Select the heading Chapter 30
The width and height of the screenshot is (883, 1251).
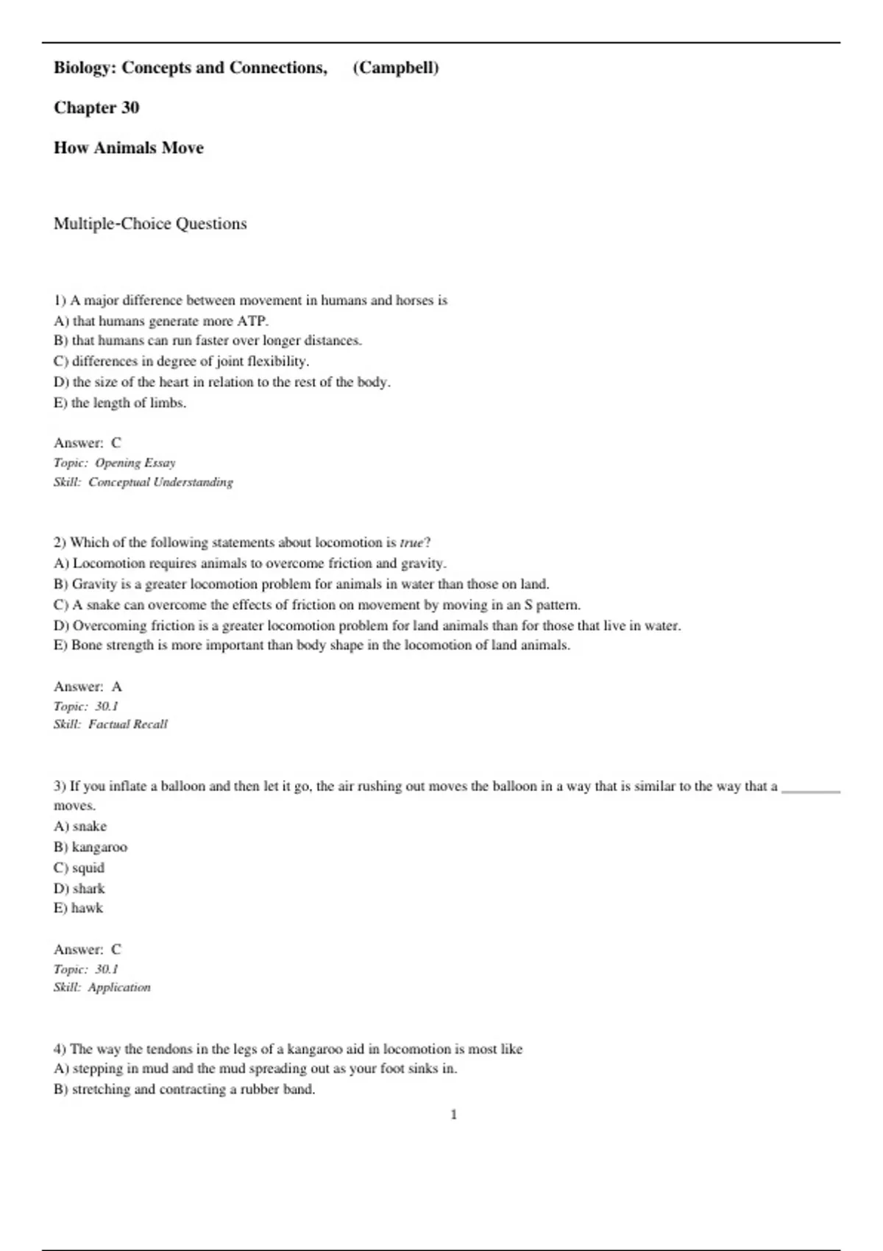[96, 107]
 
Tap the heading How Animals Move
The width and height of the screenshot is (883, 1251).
[129, 148]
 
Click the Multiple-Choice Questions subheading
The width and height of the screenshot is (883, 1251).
[150, 224]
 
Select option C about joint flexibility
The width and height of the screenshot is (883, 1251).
[181, 361]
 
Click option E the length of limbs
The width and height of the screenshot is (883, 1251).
[120, 403]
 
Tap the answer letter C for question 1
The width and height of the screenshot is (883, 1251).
[116, 443]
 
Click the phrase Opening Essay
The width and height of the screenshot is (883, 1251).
[135, 463]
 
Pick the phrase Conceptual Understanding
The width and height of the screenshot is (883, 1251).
[160, 482]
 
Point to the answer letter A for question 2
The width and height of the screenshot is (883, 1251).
[116, 687]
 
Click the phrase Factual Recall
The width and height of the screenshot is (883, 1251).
[128, 724]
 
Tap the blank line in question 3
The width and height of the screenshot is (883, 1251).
[810, 790]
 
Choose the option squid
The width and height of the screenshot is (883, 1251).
[88, 868]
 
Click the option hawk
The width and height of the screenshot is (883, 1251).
[87, 908]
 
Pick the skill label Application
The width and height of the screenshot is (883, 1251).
[119, 988]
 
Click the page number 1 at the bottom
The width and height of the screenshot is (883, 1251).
[453, 1115]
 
